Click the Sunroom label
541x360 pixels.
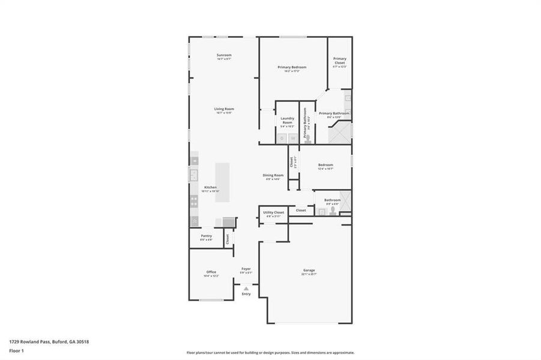point(224,55)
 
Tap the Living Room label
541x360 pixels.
point(224,109)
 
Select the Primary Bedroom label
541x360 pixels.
point(292,67)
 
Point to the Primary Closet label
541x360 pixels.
point(340,61)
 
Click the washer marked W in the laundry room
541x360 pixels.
point(294,139)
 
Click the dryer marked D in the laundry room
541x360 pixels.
point(282,139)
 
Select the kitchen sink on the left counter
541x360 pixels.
point(194,175)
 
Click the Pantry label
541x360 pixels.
point(206,236)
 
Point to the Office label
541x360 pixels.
point(211,272)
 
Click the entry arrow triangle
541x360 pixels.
point(246,289)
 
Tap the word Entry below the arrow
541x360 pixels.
point(246,294)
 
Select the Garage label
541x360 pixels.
point(309,270)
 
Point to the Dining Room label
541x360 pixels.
point(272,175)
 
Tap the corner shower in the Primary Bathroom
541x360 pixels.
point(340,131)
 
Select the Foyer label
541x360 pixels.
point(246,268)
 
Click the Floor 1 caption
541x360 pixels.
point(16,349)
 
